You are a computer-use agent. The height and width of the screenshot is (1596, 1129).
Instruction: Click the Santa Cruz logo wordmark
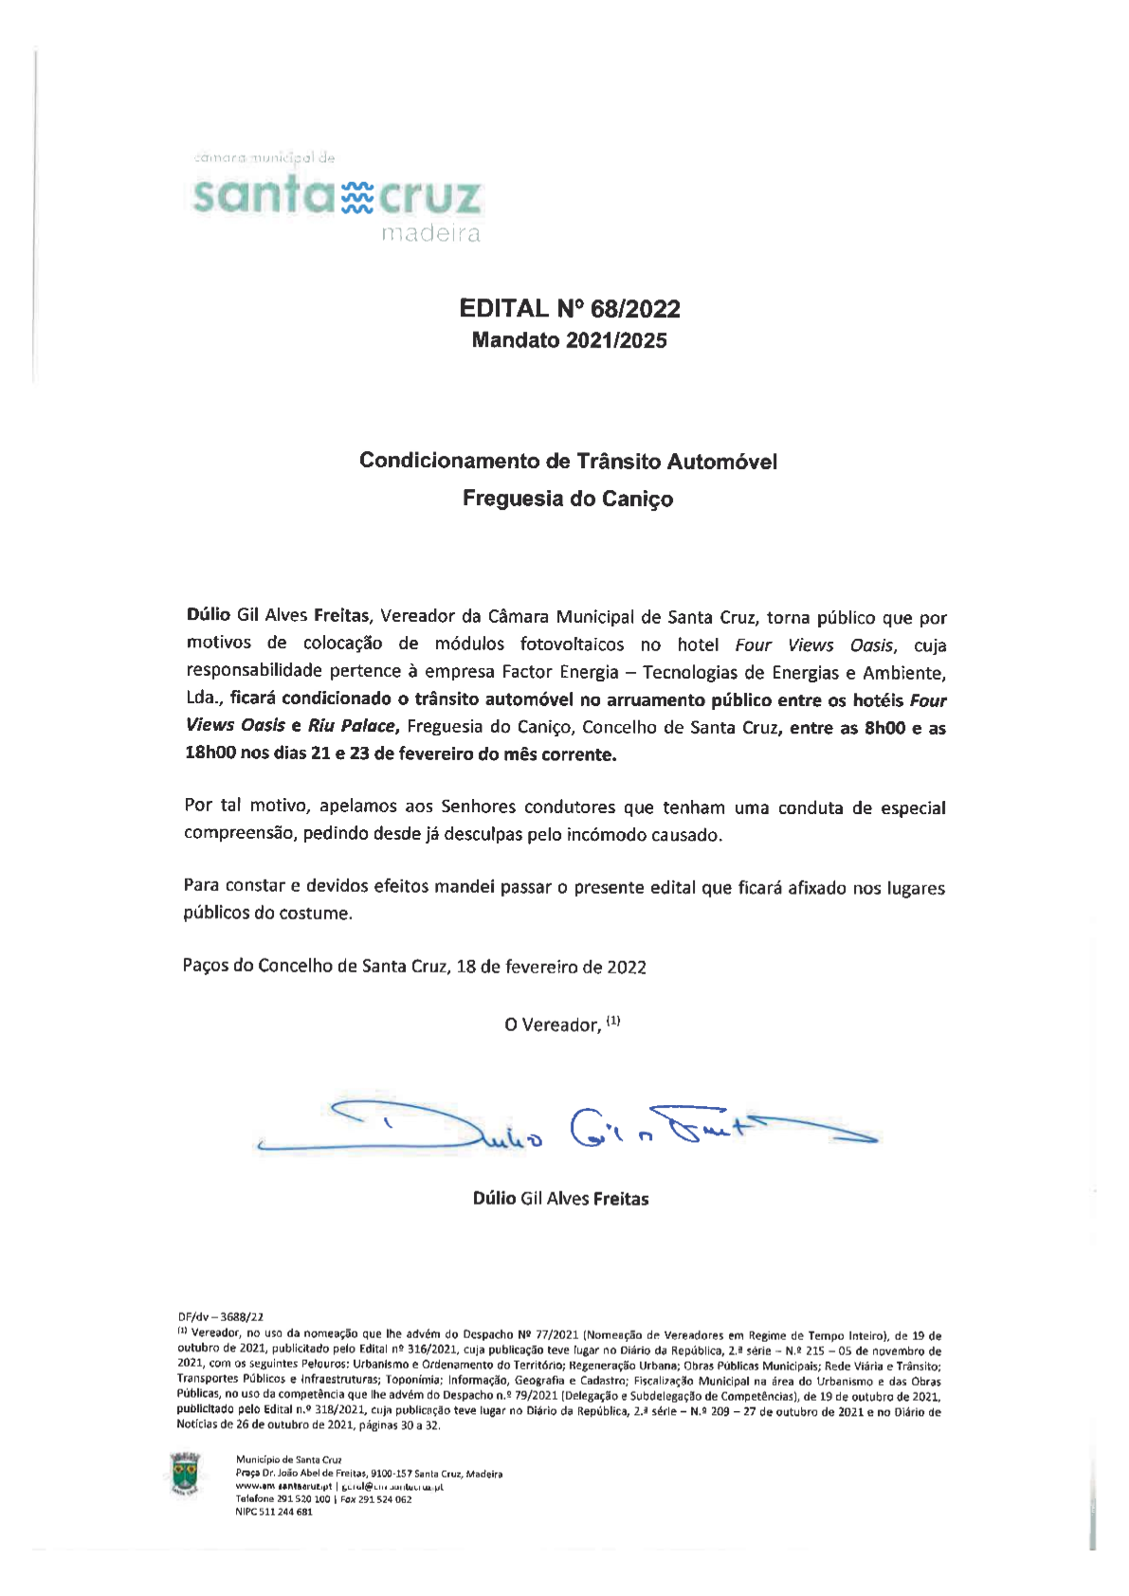pyautogui.click(x=337, y=196)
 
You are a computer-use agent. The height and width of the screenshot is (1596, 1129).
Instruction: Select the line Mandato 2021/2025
pyautogui.click(x=569, y=341)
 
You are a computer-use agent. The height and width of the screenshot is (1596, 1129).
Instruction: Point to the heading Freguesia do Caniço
pyautogui.click(x=568, y=499)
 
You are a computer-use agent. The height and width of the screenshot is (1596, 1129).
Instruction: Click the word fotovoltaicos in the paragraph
pyautogui.click(x=572, y=645)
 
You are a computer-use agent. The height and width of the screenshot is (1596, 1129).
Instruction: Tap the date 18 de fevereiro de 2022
pyautogui.click(x=551, y=967)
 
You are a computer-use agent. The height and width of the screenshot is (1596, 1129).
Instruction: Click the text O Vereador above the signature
pyautogui.click(x=552, y=1025)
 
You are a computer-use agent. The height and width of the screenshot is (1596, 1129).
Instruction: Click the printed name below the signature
pyautogui.click(x=560, y=1199)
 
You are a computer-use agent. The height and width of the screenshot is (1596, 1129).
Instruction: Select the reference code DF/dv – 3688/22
pyautogui.click(x=221, y=1316)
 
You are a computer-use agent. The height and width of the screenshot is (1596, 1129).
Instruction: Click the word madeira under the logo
pyautogui.click(x=430, y=234)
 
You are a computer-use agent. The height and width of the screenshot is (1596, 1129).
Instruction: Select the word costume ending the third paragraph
pyautogui.click(x=319, y=914)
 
